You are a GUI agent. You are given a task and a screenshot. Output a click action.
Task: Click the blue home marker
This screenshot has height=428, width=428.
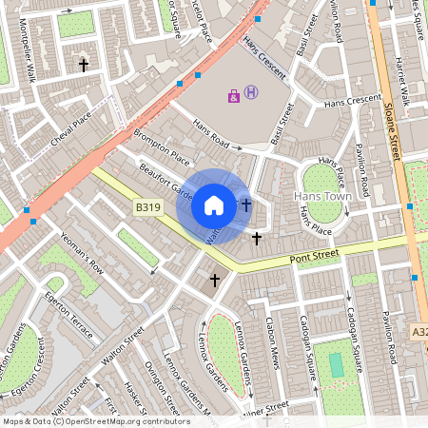(x=214, y=204)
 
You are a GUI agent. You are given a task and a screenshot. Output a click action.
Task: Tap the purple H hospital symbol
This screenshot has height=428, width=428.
(x=251, y=92)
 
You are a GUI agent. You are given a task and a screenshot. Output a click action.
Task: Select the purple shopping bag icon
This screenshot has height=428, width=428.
(x=234, y=95)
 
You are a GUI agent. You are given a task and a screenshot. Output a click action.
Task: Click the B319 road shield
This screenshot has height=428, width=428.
(x=147, y=207)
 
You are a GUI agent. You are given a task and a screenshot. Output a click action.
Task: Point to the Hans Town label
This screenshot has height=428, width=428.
(x=323, y=196)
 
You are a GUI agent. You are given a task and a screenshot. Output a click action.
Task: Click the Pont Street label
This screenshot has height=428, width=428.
(x=315, y=256)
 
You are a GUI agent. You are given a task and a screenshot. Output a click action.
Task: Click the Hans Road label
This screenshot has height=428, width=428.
(x=212, y=134)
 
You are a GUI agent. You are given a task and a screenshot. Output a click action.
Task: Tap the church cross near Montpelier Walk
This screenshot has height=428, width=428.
(x=84, y=66)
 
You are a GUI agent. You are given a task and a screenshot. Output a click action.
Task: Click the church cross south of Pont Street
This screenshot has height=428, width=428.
(x=215, y=280)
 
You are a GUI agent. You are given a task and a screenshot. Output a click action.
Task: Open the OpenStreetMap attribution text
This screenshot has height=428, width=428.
(x=95, y=420)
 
